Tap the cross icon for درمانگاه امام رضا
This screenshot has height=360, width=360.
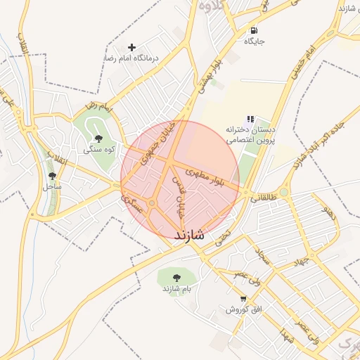tap(131, 47)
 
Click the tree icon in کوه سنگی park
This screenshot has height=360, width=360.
tap(97, 138)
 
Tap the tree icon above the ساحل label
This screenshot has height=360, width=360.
tap(52, 176)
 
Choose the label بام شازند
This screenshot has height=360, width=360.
tap(176, 289)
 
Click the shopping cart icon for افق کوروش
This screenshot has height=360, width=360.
tap(243, 298)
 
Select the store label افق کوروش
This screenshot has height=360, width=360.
tap(243, 309)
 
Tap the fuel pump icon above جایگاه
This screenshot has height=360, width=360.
tap(253, 30)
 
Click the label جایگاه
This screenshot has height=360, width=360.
tap(253, 41)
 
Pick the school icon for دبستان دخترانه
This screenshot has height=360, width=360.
tap(250, 119)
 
